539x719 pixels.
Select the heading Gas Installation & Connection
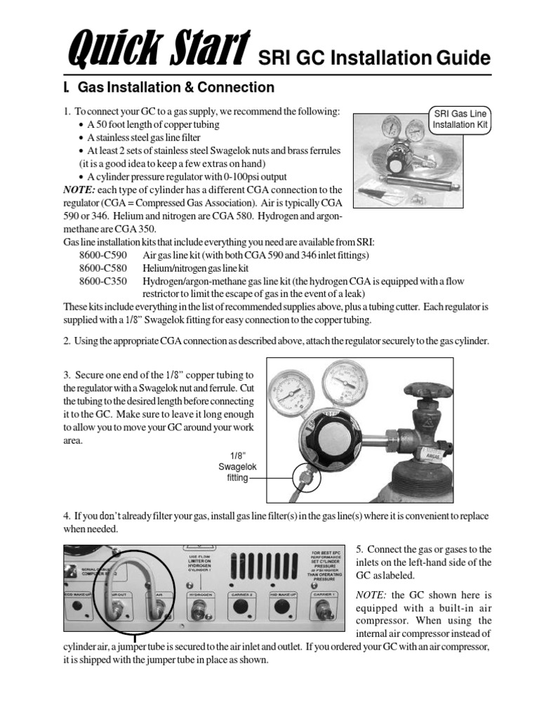pyautogui.click(x=175, y=88)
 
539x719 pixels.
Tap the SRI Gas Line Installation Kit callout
pyautogui.click(x=460, y=120)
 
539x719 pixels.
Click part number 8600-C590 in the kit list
pyautogui.click(x=103, y=256)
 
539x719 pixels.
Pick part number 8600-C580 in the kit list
pyautogui.click(x=103, y=268)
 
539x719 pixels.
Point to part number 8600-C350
pyautogui.click(x=103, y=281)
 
